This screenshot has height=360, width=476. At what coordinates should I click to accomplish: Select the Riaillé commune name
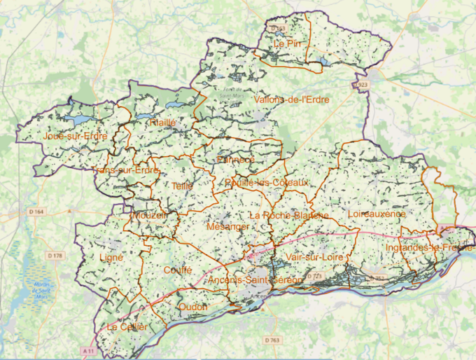coord(162,123)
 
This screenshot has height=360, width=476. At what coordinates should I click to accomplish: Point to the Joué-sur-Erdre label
coord(75,137)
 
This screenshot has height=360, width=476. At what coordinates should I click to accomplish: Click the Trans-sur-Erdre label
coord(126,170)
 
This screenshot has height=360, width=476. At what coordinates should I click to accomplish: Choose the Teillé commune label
coord(182,186)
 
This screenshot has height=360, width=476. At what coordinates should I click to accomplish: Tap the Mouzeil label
coord(148,216)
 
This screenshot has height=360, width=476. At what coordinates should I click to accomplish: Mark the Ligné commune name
coord(111,258)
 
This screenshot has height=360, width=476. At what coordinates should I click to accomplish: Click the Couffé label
coord(177,270)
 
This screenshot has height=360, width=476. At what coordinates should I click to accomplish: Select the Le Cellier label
coord(127,327)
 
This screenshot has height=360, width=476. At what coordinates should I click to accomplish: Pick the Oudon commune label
coord(193,307)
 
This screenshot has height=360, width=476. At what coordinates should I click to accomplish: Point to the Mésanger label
coord(228,228)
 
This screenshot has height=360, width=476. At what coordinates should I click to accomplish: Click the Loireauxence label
coord(376,213)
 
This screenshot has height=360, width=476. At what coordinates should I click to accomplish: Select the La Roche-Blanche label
coord(288,215)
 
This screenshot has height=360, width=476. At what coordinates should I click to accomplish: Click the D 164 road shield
coord(36,211)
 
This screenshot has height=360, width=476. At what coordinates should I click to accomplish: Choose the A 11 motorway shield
coord(87,349)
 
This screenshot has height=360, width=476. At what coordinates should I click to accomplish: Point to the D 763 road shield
coord(273,340)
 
